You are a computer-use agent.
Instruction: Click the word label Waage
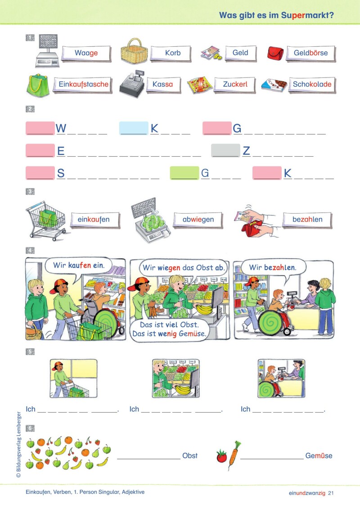pyautogui.click(x=86, y=53)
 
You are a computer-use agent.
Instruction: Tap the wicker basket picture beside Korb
pyautogui.click(x=134, y=51)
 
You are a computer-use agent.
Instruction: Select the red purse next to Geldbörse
pyautogui.click(x=275, y=53)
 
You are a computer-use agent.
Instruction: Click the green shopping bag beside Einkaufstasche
pyautogui.click(x=38, y=85)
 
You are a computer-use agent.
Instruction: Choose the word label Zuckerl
pyautogui.click(x=235, y=85)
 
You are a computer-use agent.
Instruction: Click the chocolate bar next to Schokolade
pyautogui.click(x=274, y=85)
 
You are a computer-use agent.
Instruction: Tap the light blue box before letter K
pyautogui.click(x=134, y=128)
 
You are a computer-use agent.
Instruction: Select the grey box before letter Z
pyautogui.click(x=225, y=151)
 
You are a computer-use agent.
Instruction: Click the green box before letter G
pyautogui.click(x=184, y=173)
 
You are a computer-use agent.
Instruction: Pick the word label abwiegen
pyautogui.click(x=198, y=220)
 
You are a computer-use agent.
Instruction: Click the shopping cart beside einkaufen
pyautogui.click(x=47, y=221)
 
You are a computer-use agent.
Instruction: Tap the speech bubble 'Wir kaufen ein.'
pyautogui.click(x=79, y=266)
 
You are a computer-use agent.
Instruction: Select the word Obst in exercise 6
pyautogui.click(x=190, y=455)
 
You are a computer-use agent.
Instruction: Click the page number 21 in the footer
pyautogui.click(x=331, y=493)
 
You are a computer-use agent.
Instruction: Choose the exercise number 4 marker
pyautogui.click(x=30, y=250)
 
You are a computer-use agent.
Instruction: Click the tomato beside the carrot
pyautogui.click(x=222, y=456)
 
